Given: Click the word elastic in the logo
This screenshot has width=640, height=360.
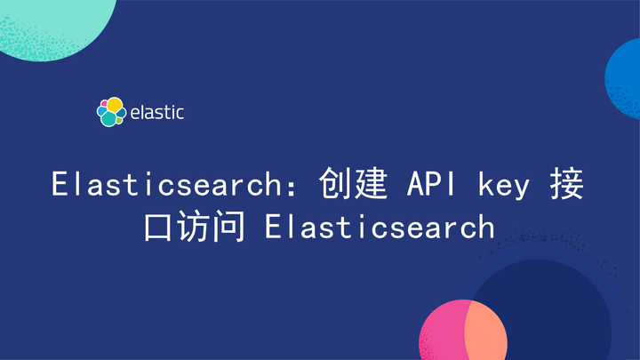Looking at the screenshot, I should pos(157,113).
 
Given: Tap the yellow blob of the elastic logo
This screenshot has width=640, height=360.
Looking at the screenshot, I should pos(115,105).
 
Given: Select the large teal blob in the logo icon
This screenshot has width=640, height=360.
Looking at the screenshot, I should pos(109,118).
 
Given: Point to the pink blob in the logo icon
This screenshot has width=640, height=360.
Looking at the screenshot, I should pos(103,103).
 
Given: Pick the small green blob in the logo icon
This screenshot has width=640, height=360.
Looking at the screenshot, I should pos(119,113).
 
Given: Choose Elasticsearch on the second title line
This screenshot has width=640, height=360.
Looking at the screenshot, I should pos(380,226).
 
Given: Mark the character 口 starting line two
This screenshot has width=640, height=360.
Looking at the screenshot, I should pos(161,226).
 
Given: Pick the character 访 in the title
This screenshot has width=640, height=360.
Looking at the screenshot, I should pos(196,226).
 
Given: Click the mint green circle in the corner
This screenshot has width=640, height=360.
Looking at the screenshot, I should pos(53,22).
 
